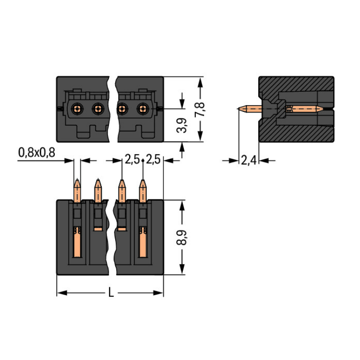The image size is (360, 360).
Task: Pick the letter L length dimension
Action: (x=111, y=292)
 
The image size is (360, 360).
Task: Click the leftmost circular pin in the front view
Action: (x=77, y=109)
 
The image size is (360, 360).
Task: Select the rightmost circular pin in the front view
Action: (x=143, y=109)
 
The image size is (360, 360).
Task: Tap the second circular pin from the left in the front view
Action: (x=98, y=109)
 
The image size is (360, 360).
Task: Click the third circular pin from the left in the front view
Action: (x=122, y=109)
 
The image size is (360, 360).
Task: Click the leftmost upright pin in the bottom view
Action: (x=77, y=190)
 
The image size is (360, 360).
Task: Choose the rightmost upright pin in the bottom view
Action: (x=143, y=190)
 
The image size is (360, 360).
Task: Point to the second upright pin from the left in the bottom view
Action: (x=98, y=190)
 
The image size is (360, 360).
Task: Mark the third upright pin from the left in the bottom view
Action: (x=122, y=190)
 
